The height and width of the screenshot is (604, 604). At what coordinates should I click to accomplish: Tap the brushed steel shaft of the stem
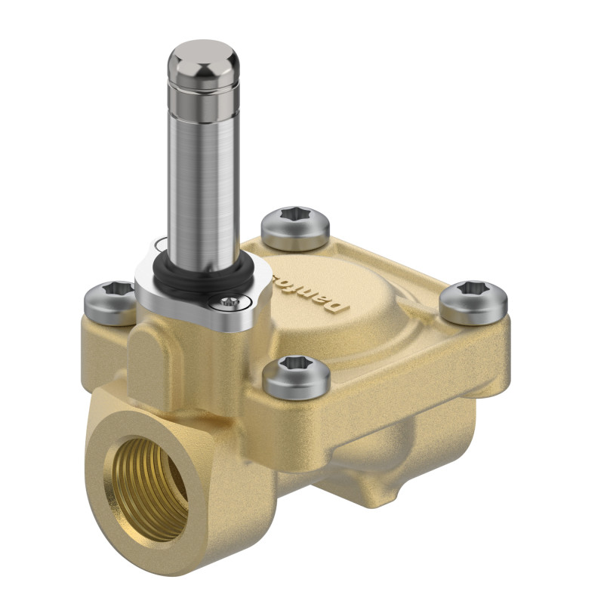[x=203, y=181]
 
